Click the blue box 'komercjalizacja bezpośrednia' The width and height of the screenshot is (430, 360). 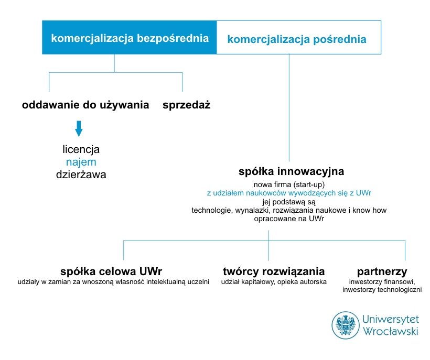pos(130,37)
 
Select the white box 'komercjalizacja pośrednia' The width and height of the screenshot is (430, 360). pos(299,37)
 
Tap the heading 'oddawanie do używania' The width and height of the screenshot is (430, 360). pos(85,105)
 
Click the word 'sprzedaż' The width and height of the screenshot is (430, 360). pos(187,105)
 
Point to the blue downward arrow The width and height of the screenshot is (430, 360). pos(79,128)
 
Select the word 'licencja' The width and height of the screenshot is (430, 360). pos(81,149)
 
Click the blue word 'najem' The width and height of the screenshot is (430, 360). pos(81,162)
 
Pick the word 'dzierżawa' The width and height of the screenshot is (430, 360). pos(81,174)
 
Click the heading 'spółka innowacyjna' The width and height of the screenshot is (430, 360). pos(291,171)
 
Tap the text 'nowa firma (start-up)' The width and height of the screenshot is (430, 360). pos(289,184)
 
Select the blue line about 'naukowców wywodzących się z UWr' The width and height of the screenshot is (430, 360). pos(289,193)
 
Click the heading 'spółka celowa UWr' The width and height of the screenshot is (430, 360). pos(111,271)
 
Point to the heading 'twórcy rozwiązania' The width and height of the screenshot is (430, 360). pos(274,271)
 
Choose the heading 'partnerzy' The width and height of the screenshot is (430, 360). pos(382,272)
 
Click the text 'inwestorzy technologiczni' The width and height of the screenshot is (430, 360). pos(382,290)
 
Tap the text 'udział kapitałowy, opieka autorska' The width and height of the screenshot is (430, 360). pos(274,281)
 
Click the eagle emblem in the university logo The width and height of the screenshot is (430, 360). pos(346,325)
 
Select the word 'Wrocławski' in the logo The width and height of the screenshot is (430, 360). pos(391,331)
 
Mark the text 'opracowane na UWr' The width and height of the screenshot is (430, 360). pos(289,219)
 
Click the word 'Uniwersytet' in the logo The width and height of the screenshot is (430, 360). pos(391,320)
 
